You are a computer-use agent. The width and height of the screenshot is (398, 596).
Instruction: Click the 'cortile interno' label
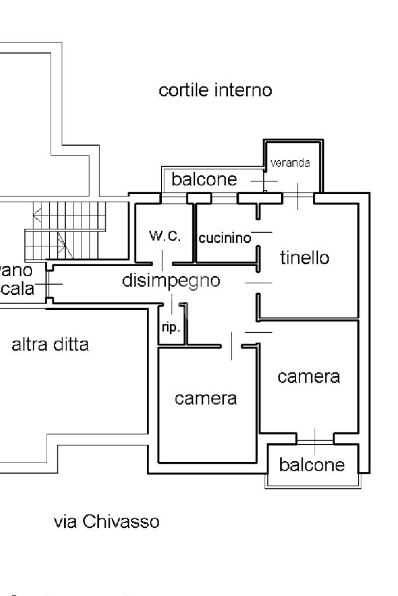(x=216, y=91)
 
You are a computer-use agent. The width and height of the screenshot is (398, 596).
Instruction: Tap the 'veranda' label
(x=290, y=163)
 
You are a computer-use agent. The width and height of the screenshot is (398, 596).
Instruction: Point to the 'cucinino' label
(x=225, y=238)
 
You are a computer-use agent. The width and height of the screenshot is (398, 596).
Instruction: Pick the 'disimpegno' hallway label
(x=171, y=280)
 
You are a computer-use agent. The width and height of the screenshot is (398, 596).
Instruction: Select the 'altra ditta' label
(x=50, y=344)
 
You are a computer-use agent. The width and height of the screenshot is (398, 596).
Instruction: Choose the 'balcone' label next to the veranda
(x=204, y=181)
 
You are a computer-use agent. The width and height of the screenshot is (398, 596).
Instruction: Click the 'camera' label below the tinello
(x=308, y=377)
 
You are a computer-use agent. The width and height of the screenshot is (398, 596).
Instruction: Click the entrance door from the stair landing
(x=48, y=284)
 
